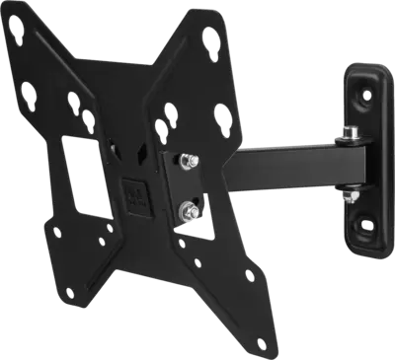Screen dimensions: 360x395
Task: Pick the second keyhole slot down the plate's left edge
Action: click(71, 103)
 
